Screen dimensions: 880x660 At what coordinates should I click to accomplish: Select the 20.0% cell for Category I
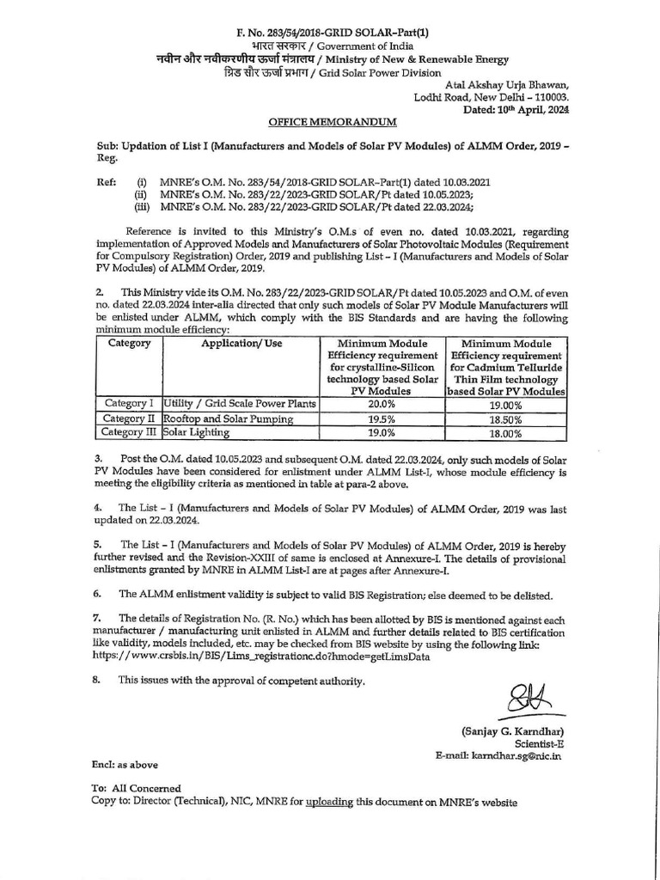coord(381,403)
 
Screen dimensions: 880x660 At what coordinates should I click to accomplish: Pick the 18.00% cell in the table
coord(506,434)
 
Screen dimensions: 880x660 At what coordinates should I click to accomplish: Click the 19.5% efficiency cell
coord(381,419)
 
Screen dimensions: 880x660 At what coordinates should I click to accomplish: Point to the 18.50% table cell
coord(506,419)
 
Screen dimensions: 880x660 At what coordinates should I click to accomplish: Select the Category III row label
coord(127,433)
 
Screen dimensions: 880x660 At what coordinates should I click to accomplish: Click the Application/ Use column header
coord(241,344)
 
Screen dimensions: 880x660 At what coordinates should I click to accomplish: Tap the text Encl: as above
coord(125,764)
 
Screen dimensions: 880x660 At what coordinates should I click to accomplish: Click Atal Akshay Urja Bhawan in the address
coord(506,84)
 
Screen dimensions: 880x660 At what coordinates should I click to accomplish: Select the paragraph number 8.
coord(97,681)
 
